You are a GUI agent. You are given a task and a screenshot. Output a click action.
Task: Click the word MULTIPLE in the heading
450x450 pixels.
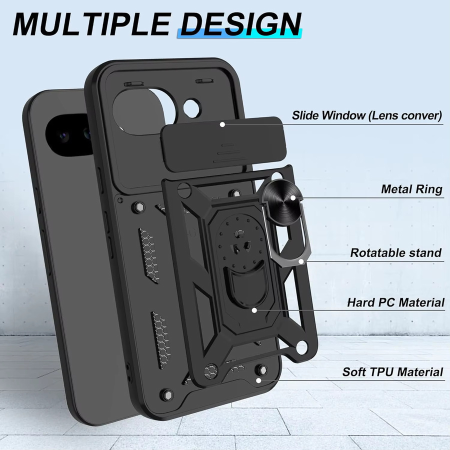(x=92, y=24)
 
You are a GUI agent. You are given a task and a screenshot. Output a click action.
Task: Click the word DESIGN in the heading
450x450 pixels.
(x=241, y=24)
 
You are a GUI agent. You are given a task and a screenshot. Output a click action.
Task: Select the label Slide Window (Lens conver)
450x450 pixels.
(x=367, y=115)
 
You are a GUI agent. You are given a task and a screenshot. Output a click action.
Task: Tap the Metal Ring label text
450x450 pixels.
(x=412, y=189)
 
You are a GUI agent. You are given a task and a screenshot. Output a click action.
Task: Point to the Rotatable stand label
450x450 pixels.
(x=396, y=253)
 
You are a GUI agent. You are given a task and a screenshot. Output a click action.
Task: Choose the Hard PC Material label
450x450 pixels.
(x=396, y=302)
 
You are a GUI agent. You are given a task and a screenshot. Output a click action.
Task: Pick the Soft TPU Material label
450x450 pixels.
(x=392, y=371)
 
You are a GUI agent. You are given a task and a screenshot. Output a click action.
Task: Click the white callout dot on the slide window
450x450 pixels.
(x=222, y=124)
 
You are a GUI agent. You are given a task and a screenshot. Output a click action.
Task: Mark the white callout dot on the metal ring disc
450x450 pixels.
(x=292, y=197)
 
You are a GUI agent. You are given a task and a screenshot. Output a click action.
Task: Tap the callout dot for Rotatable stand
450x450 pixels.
(x=301, y=261)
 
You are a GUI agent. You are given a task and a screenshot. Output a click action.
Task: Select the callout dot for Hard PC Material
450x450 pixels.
(x=254, y=310)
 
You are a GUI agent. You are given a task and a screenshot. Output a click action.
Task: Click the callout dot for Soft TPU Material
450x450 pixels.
(x=258, y=380)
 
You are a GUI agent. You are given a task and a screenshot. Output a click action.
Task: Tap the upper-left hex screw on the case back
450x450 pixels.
(x=139, y=206)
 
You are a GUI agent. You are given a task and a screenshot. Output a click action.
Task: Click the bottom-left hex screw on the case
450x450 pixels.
(x=167, y=395)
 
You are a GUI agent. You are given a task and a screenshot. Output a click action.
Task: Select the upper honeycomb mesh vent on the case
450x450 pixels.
(x=149, y=255)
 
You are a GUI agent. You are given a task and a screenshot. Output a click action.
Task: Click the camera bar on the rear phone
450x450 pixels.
(x=68, y=135)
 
